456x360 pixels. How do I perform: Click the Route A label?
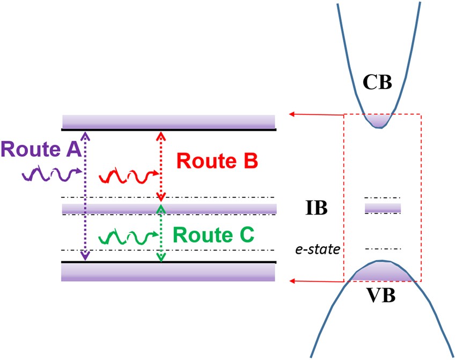[x=41, y=150]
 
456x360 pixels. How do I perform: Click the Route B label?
[x=217, y=160]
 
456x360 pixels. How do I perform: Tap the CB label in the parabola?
[x=377, y=84]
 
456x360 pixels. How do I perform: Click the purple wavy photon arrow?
[x=52, y=173]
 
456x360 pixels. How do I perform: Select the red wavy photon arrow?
[x=129, y=175]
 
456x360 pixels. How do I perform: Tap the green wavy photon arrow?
[x=129, y=236]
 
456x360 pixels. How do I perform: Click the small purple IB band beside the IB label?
[x=383, y=207]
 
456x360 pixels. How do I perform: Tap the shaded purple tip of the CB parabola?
[x=380, y=121]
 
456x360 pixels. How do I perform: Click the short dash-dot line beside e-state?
[x=383, y=249]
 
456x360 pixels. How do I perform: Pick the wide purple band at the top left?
[x=168, y=121]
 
